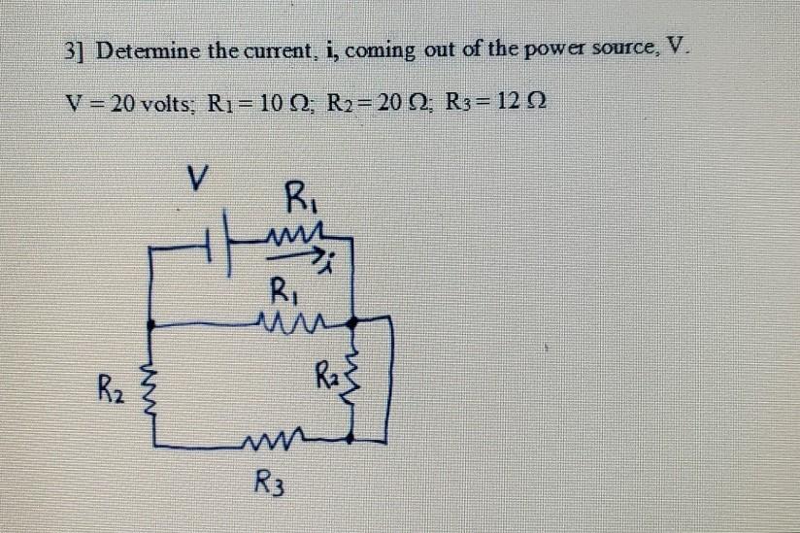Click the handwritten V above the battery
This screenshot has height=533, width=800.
(x=199, y=179)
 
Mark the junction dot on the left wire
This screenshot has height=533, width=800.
(x=150, y=318)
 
